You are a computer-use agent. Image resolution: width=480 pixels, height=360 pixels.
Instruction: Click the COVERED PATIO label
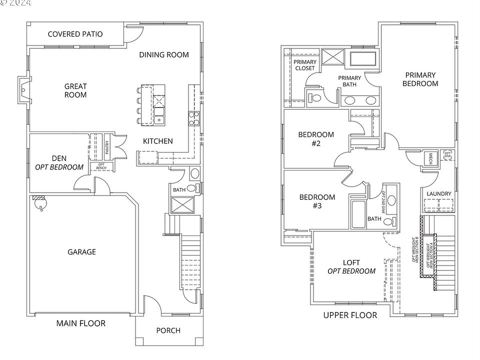75,34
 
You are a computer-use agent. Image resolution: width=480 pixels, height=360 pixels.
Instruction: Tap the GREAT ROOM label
75,90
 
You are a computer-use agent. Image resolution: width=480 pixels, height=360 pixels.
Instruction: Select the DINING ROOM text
164,54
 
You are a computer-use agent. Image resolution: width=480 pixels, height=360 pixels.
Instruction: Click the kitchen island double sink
159,119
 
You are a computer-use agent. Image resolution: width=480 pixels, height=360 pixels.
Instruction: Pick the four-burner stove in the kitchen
194,118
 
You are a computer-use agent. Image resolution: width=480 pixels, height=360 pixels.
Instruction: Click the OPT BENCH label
101,166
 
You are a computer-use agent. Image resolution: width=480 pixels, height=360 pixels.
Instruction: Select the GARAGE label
81,252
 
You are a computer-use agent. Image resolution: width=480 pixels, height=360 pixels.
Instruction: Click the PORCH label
168,330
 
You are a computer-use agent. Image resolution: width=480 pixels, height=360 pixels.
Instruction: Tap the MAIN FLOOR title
81,323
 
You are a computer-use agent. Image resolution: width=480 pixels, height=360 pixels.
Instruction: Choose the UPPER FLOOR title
350,315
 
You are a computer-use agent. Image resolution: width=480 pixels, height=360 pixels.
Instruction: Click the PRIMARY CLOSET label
305,65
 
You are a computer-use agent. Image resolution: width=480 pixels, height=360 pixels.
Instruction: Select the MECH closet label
429,158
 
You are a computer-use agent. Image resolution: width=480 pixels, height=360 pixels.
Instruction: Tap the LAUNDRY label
439,194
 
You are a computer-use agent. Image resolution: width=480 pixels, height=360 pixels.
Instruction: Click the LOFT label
351,266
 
